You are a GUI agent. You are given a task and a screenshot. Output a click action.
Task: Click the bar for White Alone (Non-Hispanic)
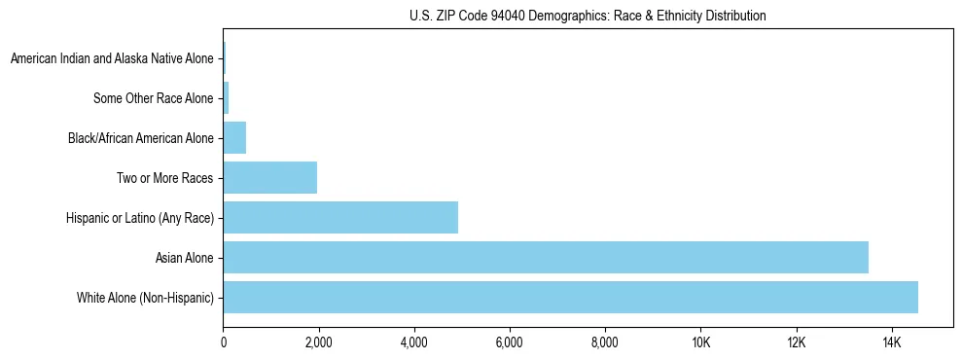point(570,298)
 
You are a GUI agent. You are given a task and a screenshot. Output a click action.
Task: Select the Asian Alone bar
point(546,258)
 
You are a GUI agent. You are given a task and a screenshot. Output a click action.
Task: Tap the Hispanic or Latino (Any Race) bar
point(340,218)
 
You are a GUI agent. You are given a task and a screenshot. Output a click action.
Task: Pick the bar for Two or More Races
point(270,178)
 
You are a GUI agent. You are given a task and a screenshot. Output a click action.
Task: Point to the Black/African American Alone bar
point(234,138)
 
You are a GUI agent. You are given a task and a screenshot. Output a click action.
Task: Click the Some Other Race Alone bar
point(226,98)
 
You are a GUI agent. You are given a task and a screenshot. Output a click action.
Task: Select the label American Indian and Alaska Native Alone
point(112,59)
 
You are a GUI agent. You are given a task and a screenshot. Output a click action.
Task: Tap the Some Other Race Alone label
point(153,98)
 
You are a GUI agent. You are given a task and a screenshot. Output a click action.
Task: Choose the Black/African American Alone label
point(140,138)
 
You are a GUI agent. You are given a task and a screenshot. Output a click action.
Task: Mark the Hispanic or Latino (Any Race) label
point(135,218)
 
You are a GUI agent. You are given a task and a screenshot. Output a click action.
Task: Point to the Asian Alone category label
point(184,258)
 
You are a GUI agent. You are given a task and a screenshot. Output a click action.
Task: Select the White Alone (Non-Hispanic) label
point(145,298)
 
